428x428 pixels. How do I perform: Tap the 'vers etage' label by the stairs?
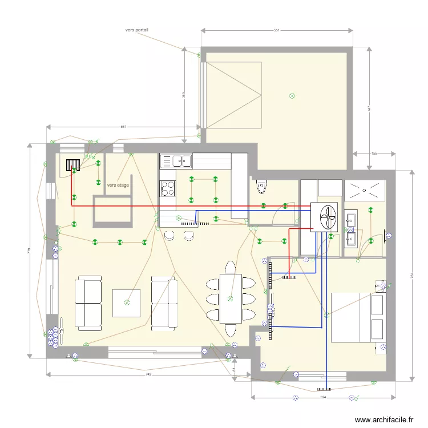coord(118,185)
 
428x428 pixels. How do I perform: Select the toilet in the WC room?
coord(262,185)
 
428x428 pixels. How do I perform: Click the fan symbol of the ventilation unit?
coord(328,217)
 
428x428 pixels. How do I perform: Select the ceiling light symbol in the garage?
coord(292,96)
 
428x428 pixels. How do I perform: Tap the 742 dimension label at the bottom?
coord(148,374)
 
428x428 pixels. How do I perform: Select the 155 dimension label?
coord(374,153)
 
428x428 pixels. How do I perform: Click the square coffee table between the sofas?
coord(127,303)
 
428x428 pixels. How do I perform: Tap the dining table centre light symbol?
coord(230,298)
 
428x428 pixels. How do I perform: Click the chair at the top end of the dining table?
coord(230,268)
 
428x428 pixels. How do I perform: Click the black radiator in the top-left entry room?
coord(72,165)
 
